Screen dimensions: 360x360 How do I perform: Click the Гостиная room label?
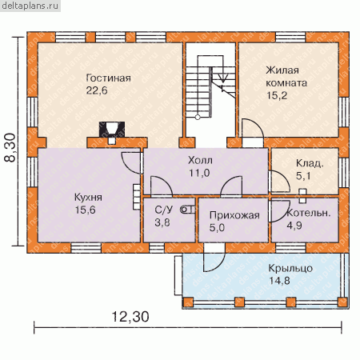click(108, 78)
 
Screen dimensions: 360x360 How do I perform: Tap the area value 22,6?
click(97, 90)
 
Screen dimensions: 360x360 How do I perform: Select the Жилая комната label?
click(286, 77)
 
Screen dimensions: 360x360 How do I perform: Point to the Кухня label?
click(88, 198)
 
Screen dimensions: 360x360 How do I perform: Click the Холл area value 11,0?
click(199, 173)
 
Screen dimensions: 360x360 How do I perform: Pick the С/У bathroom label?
click(164, 210)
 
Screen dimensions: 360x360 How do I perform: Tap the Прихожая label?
click(234, 215)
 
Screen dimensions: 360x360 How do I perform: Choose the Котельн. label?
click(309, 213)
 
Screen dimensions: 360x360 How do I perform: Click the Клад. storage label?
click(310, 163)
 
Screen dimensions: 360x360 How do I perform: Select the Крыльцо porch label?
click(290, 268)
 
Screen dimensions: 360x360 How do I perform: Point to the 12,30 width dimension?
click(130, 317)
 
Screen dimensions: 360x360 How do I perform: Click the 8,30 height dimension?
click(10, 147)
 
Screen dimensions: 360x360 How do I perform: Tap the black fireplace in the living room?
click(112, 130)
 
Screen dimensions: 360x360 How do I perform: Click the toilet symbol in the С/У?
click(188, 210)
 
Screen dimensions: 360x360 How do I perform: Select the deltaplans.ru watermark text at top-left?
click(30, 6)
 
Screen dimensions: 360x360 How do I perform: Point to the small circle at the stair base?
click(198, 117)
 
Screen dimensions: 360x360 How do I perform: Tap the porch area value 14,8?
click(279, 281)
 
